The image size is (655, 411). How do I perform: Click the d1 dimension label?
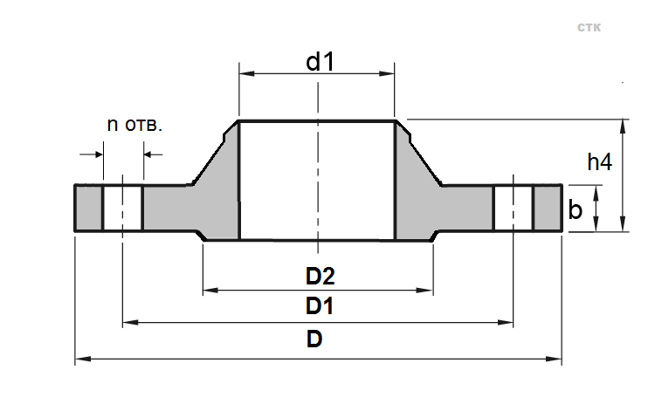click(321, 62)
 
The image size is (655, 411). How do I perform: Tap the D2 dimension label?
click(320, 277)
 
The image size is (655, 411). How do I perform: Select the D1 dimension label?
click(320, 306)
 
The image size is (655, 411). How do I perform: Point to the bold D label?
click(314, 339)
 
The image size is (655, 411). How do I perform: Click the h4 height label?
click(599, 162)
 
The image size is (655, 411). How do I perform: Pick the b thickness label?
click(576, 209)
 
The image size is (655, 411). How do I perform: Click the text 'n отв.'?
click(134, 124)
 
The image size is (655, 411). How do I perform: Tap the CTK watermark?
click(589, 28)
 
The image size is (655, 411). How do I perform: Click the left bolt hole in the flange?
click(123, 208)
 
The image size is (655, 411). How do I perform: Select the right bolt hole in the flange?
click(514, 208)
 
